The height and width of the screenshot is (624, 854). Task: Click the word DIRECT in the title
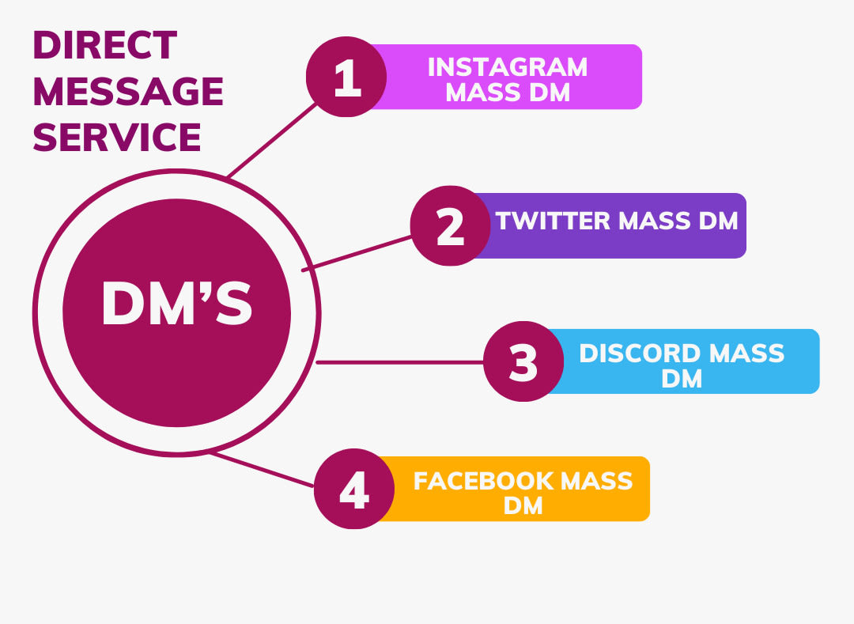104,46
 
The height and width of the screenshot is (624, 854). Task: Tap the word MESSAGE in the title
128,92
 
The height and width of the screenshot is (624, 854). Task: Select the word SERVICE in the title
117,137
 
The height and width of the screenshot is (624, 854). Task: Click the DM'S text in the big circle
176,304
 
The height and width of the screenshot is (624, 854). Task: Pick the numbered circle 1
346,78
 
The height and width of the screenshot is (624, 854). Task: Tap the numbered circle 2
450,226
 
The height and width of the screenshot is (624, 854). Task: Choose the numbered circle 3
523,361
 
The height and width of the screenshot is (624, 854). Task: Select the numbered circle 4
353,490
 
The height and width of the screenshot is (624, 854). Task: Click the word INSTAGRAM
508,67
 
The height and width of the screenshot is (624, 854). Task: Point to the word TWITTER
554,221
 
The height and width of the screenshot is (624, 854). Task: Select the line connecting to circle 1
273,140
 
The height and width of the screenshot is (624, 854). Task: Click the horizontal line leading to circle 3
399,362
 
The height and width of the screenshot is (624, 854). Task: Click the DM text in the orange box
523,506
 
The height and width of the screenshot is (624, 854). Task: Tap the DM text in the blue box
682,379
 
